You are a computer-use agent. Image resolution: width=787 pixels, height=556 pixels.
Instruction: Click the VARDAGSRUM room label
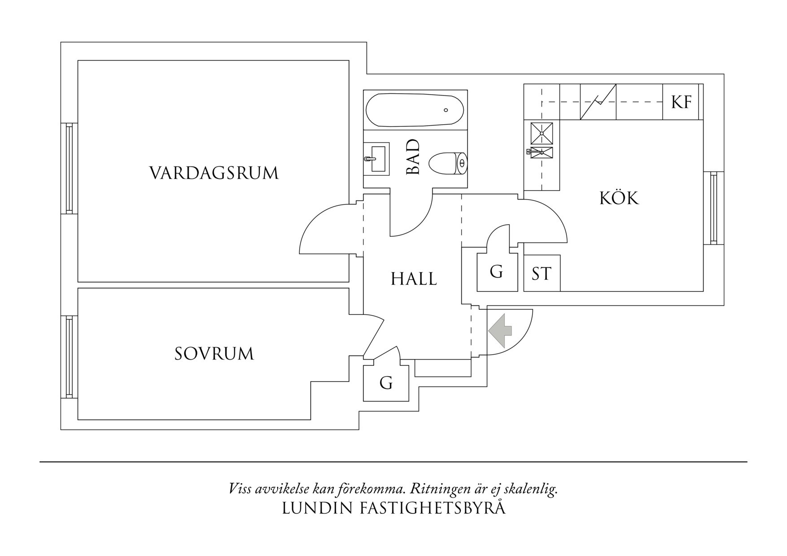214,173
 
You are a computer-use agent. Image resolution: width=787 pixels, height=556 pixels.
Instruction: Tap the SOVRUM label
214,354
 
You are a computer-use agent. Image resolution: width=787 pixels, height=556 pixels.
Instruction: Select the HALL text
414,279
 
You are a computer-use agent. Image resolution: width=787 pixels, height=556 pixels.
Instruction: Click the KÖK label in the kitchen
619,198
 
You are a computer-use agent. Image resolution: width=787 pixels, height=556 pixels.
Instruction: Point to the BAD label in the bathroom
413,157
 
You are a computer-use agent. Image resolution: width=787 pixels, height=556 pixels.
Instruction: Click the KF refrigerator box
681,102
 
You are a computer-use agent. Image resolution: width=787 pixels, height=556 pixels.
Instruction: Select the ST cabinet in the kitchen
542,273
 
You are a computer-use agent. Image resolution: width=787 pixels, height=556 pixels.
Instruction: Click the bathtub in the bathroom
415,110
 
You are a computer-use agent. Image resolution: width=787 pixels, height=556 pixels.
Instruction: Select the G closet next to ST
497,272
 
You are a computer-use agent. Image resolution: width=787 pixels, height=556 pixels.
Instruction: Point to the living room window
69,169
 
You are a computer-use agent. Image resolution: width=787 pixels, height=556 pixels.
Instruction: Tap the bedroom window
69,357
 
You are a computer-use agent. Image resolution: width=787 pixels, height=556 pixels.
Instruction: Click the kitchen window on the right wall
713,208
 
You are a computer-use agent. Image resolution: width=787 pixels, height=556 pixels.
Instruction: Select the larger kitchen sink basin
542,133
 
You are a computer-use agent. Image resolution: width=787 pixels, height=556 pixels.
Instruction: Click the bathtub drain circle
446,110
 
